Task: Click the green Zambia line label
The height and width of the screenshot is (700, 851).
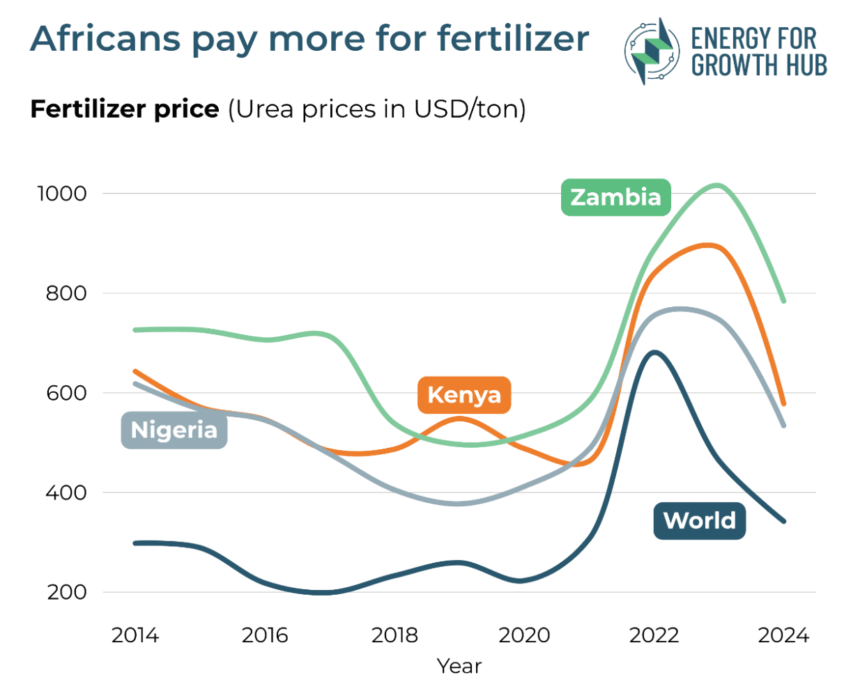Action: [615, 197]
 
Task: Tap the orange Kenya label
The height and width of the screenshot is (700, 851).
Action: [464, 395]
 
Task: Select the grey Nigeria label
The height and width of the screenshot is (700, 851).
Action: [174, 430]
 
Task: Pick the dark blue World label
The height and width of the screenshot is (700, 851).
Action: [699, 521]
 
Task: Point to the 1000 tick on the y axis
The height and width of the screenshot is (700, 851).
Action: [62, 194]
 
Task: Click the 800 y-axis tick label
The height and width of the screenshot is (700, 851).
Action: [66, 293]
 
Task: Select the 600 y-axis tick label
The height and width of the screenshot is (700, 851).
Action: [66, 393]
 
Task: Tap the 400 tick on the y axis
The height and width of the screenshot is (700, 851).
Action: [66, 492]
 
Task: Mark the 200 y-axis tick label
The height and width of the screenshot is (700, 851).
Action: [66, 593]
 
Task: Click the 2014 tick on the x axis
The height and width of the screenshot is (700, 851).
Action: [135, 635]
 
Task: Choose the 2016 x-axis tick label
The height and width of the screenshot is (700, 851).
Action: [265, 635]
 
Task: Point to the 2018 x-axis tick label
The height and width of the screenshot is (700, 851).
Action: [394, 635]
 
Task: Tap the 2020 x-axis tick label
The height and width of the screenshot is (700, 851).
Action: [524, 635]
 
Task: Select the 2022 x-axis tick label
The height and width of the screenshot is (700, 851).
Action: [654, 635]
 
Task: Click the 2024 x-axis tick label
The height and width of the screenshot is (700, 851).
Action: [783, 635]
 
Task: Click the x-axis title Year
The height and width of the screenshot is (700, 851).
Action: [459, 667]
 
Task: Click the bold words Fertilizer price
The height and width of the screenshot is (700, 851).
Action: [125, 109]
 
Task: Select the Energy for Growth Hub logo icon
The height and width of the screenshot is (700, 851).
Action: [651, 51]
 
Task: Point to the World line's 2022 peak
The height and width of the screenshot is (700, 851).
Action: [654, 352]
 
